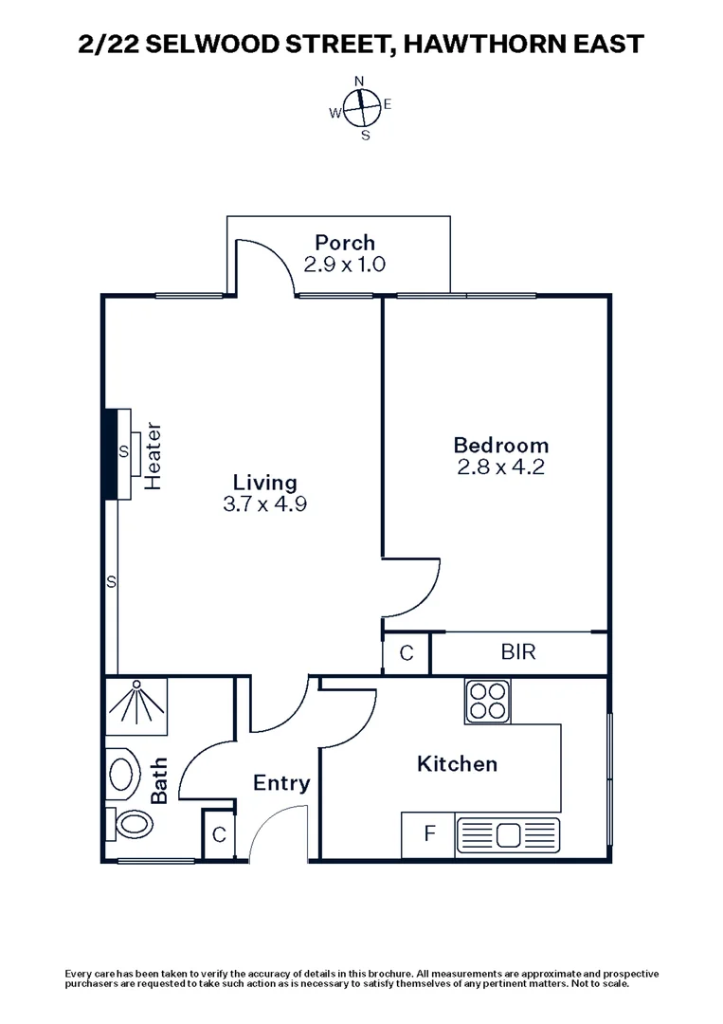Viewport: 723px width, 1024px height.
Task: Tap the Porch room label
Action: click(x=345, y=243)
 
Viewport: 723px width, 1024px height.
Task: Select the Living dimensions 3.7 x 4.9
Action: click(x=264, y=504)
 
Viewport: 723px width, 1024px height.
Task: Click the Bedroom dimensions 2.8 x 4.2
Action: click(x=500, y=466)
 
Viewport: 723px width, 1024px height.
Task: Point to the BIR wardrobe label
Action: click(x=517, y=652)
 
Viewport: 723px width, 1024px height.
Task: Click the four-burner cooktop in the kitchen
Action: click(x=487, y=702)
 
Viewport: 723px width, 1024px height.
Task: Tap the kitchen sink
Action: click(x=508, y=835)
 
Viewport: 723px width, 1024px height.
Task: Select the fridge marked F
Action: click(x=428, y=835)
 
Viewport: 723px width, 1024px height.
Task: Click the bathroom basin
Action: click(x=121, y=774)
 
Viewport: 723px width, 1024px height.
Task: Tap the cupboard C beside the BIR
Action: click(x=406, y=652)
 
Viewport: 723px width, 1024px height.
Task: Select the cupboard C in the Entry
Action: click(x=219, y=835)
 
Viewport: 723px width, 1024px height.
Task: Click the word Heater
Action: click(x=154, y=457)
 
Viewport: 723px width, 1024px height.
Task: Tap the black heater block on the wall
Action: click(x=110, y=453)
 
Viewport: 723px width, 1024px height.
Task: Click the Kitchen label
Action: click(x=457, y=763)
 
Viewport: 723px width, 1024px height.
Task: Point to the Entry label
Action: click(x=281, y=783)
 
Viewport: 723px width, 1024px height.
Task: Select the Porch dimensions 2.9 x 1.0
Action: click(x=345, y=265)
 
